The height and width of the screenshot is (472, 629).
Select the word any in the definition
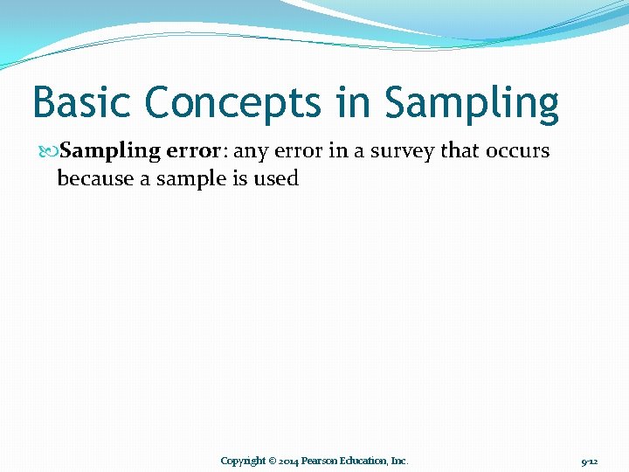tap(252, 151)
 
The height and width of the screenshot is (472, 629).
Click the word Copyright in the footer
tap(243, 461)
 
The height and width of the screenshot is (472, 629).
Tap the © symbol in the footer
tap(273, 461)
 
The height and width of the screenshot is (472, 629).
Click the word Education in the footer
tap(364, 461)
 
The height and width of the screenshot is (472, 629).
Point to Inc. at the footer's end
tap(399, 461)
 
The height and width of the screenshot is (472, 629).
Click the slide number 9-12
tap(589, 461)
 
